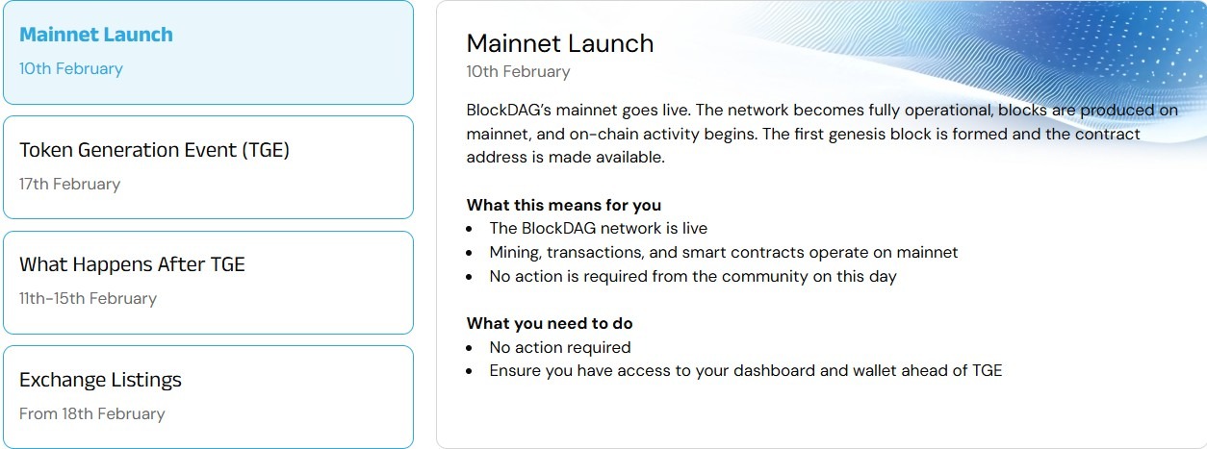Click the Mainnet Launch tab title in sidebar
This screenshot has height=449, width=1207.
[x=96, y=35]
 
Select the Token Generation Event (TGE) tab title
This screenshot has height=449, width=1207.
[x=154, y=150]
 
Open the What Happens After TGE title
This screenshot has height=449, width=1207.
[x=132, y=264]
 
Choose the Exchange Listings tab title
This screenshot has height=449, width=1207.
[x=100, y=380]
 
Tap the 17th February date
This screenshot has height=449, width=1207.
[x=69, y=184]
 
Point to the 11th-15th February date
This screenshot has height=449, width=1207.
[x=88, y=298]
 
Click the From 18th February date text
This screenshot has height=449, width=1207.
[x=91, y=413]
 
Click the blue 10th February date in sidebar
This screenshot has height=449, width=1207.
[x=71, y=69]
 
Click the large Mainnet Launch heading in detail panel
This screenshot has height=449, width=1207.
[x=559, y=43]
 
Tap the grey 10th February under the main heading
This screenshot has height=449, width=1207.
[x=518, y=72]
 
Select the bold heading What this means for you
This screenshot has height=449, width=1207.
[x=563, y=205]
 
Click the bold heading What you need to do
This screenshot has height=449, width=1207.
[x=550, y=324]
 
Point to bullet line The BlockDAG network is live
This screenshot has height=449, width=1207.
[x=598, y=229]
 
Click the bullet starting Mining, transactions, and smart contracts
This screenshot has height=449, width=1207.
[x=723, y=253]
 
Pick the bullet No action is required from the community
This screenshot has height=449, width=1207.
[x=692, y=277]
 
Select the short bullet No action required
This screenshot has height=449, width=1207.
[x=559, y=348]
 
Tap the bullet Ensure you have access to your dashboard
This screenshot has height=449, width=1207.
[x=745, y=371]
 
